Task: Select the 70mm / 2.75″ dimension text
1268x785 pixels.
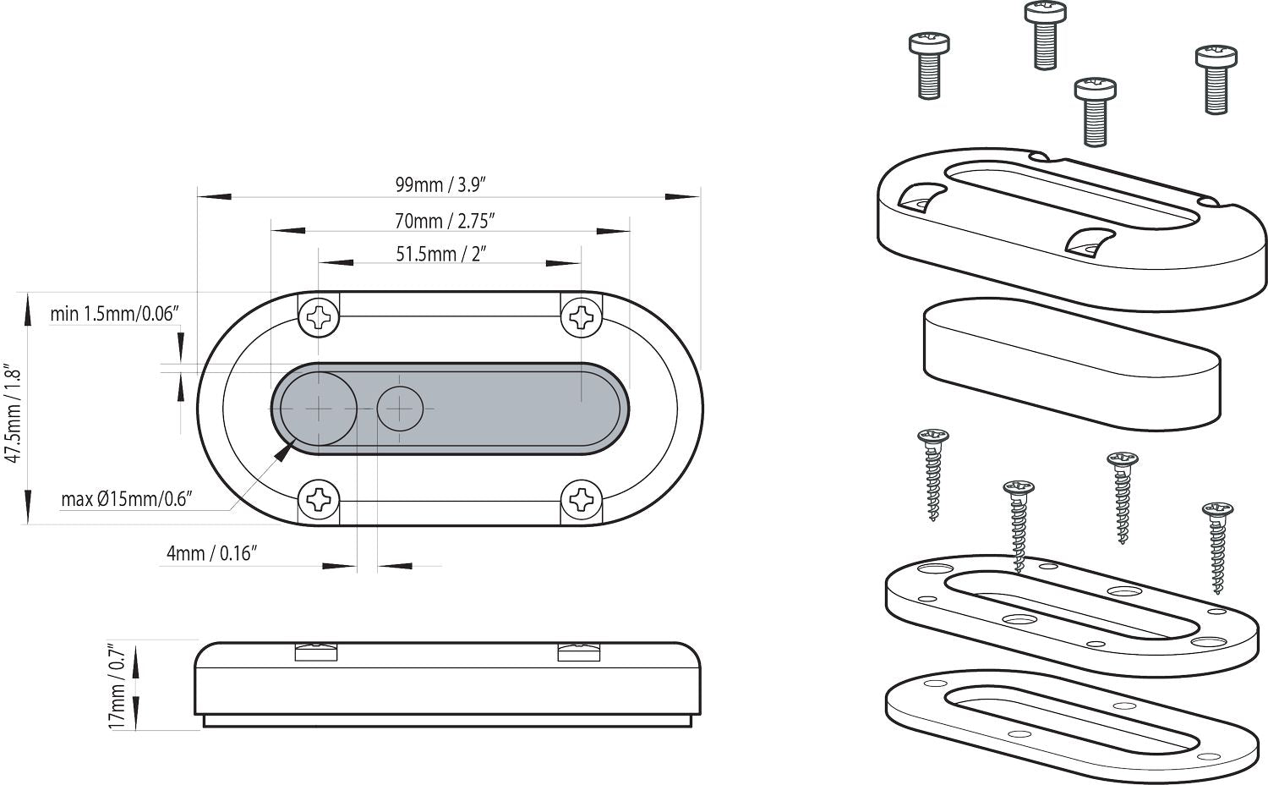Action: tap(445, 221)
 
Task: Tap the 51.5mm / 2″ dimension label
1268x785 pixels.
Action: tap(440, 254)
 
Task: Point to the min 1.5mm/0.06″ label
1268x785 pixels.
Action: tap(115, 315)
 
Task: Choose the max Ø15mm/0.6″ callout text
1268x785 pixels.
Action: tap(127, 499)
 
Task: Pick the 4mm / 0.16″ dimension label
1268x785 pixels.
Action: tap(211, 554)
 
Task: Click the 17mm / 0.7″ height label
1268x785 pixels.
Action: tap(118, 686)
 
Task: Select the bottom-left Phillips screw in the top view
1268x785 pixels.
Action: tap(320, 500)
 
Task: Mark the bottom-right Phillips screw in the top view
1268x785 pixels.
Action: tap(582, 500)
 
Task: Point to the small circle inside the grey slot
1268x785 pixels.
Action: tap(399, 409)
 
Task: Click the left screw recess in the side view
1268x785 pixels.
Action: tap(316, 651)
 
